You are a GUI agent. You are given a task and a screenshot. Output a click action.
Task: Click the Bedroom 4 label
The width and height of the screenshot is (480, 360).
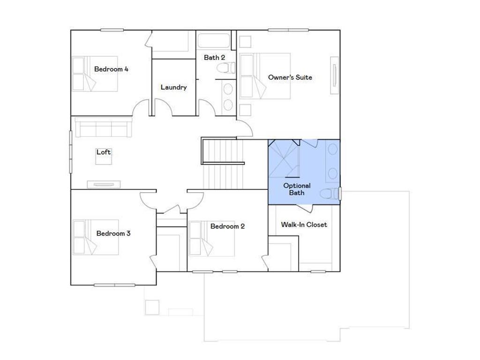tap(111, 69)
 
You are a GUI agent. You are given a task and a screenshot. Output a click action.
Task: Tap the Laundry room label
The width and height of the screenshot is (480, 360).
tap(173, 87)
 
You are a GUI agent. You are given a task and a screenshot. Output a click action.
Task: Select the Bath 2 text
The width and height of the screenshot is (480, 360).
tap(214, 58)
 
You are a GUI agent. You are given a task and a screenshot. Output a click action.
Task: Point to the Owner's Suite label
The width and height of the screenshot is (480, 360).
tap(290, 77)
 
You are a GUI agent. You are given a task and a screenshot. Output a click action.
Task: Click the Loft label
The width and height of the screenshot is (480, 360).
tap(104, 152)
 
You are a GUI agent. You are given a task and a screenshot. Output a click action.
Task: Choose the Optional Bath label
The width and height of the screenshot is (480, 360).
tap(297, 189)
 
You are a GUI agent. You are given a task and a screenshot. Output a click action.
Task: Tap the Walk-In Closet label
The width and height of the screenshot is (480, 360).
tap(304, 225)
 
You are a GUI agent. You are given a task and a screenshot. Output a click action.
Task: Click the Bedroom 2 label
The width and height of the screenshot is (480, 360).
tap(227, 226)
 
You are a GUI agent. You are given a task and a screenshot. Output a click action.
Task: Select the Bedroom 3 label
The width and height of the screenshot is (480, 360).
tap(113, 233)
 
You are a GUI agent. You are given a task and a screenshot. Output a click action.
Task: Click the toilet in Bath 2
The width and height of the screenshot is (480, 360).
tap(226, 68)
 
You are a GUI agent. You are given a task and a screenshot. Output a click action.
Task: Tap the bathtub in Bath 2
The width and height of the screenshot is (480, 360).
tap(214, 40)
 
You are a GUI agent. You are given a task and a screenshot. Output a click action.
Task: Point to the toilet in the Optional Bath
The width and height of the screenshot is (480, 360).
tap(330, 193)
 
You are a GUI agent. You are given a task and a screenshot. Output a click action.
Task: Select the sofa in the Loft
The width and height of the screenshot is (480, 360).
tap(104, 128)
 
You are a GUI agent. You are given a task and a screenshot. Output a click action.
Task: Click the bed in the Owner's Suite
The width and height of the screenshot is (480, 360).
tap(265, 76)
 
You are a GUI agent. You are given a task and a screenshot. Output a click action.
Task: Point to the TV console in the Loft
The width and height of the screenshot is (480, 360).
tap(105, 184)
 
